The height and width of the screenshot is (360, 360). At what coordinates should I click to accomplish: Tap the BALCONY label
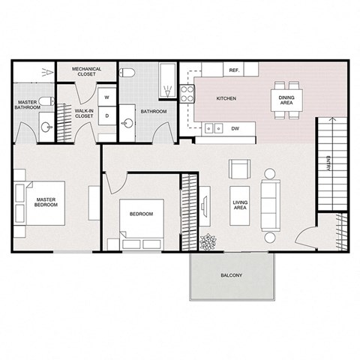point(232,276)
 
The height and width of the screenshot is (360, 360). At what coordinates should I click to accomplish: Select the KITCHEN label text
point(226,99)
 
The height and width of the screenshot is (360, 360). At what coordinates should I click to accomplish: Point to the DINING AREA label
point(286,100)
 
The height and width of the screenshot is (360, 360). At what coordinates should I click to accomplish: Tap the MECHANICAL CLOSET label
point(87,72)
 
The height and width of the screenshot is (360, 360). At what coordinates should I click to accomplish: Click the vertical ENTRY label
point(328,163)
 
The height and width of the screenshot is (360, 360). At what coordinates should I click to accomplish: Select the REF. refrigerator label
point(233,70)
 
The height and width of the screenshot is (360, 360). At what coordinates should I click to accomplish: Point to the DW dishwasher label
point(235,128)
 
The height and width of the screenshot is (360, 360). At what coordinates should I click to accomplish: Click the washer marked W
point(106,97)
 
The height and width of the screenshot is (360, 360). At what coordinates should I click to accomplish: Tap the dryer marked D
point(106,115)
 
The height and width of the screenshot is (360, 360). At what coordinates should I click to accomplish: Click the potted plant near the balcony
point(208,242)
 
